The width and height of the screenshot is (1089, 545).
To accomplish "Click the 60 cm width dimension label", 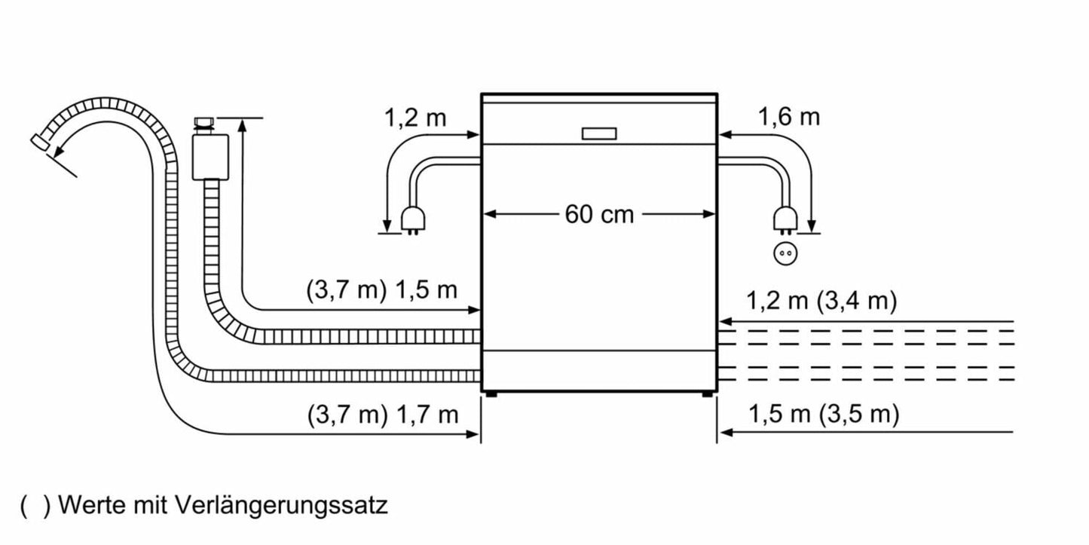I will (599, 214).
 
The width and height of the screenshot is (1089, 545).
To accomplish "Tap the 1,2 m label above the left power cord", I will (415, 118).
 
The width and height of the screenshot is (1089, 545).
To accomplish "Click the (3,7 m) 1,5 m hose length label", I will (381, 290).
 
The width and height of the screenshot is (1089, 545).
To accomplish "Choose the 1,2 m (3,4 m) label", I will (821, 302).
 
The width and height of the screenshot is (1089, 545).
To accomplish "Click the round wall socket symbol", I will (785, 253).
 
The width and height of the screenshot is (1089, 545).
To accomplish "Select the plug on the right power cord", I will (785, 219).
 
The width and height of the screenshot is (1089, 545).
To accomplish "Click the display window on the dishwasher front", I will (599, 133).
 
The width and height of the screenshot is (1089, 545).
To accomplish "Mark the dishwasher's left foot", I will (491, 393).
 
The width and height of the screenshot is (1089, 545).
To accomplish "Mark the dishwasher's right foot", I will (708, 393).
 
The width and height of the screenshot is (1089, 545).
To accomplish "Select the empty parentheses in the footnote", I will (35, 504).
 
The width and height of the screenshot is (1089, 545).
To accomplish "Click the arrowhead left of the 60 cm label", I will (488, 214).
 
